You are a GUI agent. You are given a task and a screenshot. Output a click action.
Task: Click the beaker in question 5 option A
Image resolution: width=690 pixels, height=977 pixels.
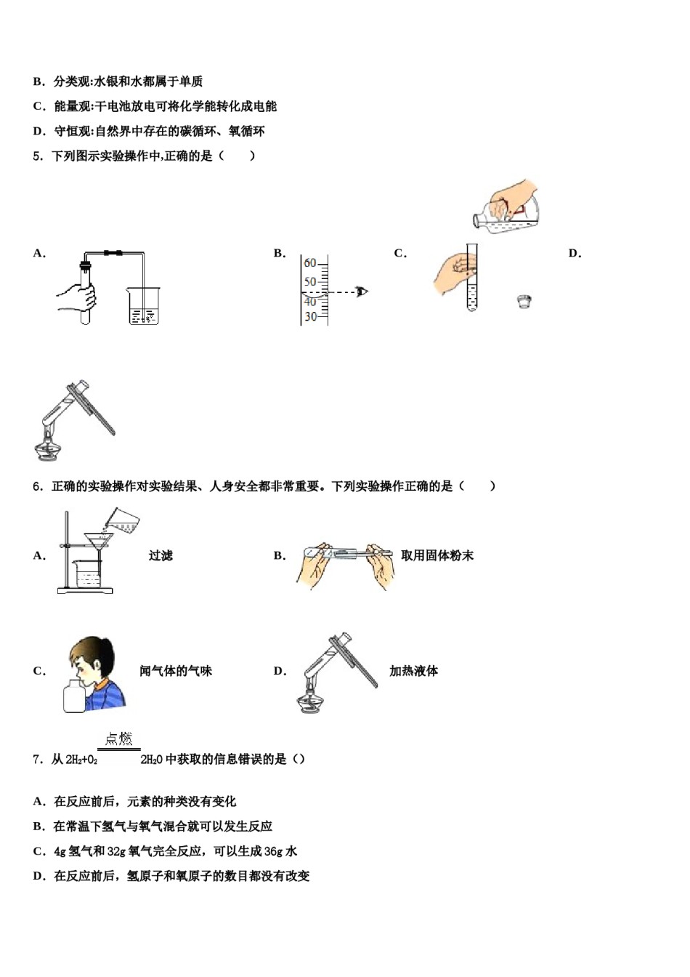(x=144, y=306)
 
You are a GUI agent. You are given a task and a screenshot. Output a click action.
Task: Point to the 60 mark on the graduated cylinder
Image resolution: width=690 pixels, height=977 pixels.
(x=310, y=263)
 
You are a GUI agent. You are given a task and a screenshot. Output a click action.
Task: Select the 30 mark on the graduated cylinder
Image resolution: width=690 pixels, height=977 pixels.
(x=310, y=316)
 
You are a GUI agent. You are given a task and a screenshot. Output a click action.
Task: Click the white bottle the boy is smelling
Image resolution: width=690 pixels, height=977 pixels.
(x=75, y=696)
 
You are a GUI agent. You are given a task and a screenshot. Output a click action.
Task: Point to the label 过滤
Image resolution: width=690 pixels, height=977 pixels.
(x=161, y=555)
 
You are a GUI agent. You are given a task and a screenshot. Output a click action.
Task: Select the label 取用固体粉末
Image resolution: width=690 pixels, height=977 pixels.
(x=437, y=555)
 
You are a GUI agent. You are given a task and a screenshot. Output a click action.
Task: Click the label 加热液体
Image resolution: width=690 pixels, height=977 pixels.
(x=413, y=671)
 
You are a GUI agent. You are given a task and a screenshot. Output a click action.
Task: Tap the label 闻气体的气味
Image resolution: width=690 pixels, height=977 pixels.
(x=176, y=671)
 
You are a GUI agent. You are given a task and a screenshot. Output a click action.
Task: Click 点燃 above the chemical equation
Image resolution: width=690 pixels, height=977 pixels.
(x=119, y=739)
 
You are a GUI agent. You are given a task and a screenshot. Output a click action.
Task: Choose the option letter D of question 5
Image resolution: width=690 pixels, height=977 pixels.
(x=575, y=254)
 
